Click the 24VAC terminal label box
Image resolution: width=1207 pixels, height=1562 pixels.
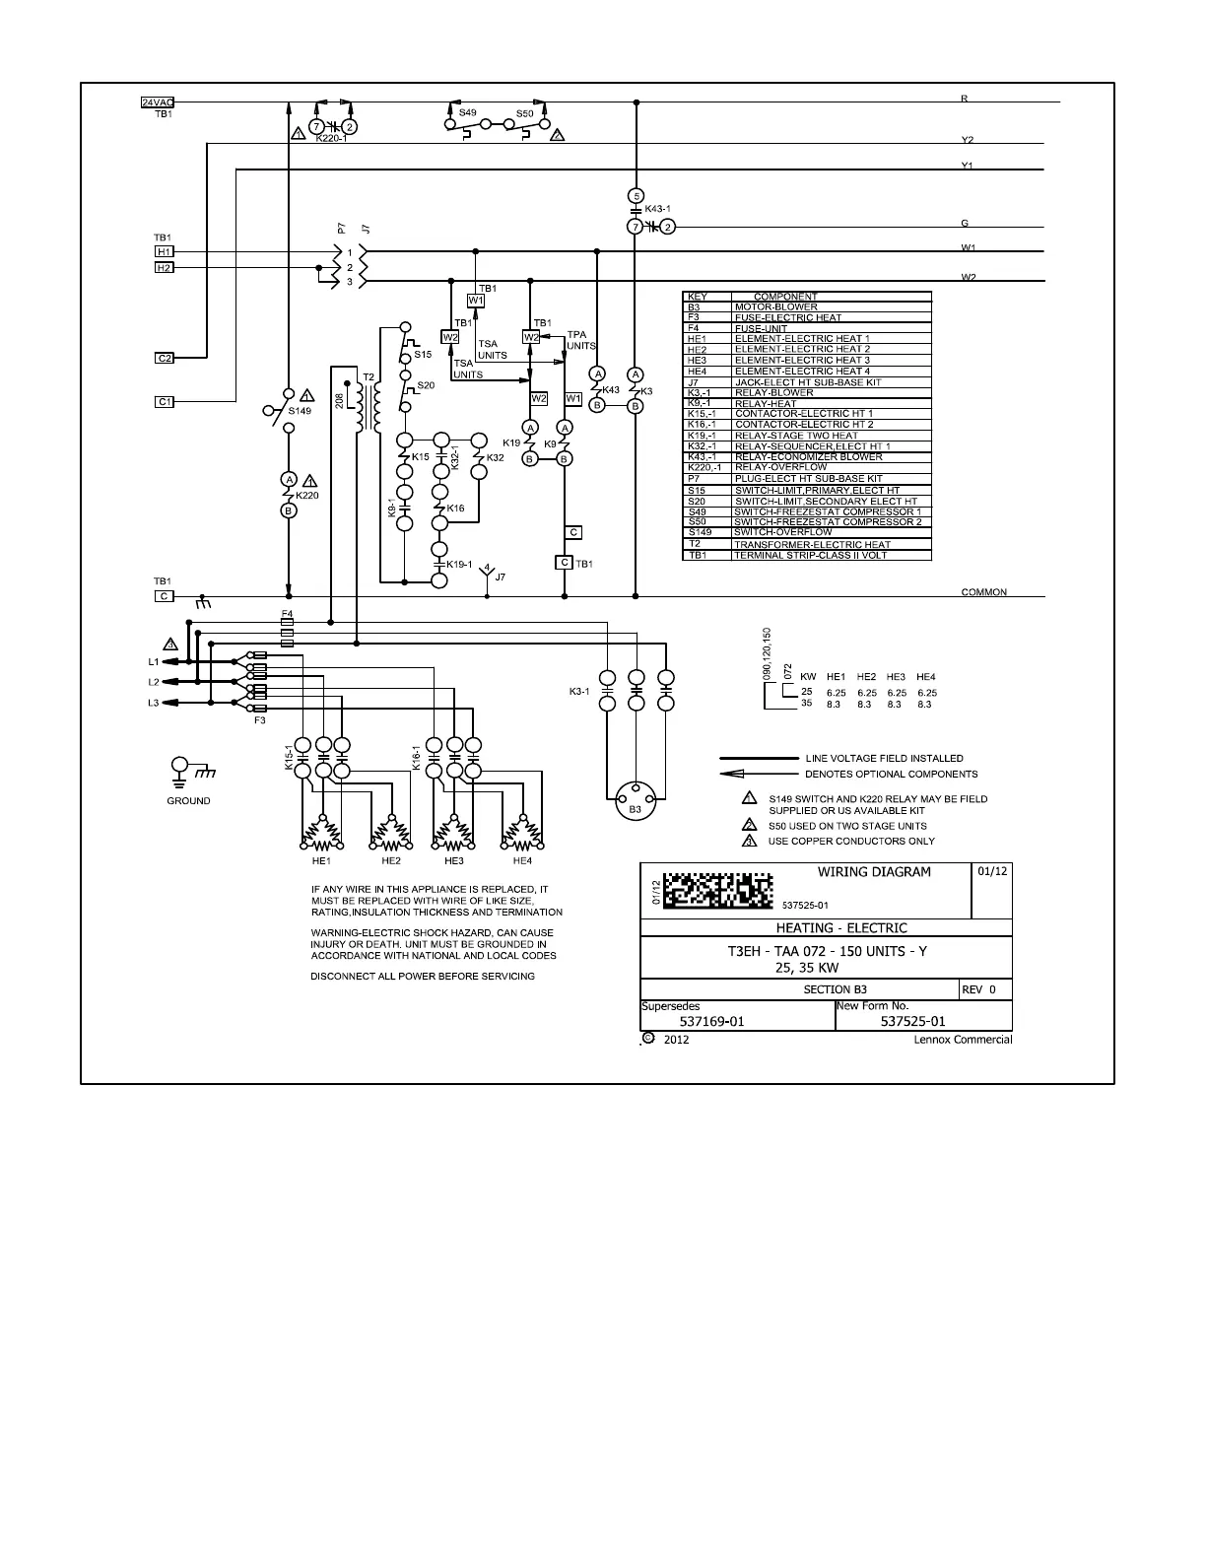158,102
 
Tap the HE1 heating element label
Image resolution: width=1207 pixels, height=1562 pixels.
321,860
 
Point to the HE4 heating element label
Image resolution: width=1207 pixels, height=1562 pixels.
522,860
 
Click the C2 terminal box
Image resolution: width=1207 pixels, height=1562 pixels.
166,358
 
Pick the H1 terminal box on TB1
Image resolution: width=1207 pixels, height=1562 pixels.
165,252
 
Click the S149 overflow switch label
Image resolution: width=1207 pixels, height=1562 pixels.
300,411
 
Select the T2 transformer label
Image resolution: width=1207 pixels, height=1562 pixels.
369,377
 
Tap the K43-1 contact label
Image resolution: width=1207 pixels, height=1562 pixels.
657,209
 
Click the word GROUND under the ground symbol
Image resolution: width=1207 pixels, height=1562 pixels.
188,801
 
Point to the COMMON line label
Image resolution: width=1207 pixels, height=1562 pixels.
983,592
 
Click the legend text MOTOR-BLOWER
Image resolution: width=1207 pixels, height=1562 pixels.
775,307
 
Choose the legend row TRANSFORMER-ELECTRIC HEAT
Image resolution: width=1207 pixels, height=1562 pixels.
812,544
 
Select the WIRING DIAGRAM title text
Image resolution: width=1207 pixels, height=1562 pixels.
874,872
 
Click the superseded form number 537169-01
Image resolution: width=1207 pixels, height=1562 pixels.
712,1022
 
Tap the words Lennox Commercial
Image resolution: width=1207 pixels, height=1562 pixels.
963,1040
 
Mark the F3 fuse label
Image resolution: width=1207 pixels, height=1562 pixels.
260,720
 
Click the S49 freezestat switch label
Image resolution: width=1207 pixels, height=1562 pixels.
467,113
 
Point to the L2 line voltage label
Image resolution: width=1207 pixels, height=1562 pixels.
154,682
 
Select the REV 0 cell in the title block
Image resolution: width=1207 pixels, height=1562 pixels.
984,989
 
